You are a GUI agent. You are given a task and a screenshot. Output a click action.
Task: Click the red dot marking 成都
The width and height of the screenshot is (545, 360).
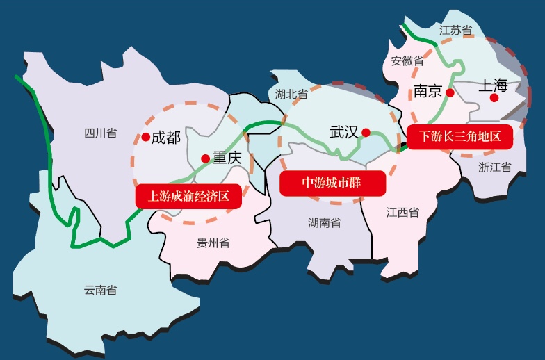pyautogui.click(x=146, y=138)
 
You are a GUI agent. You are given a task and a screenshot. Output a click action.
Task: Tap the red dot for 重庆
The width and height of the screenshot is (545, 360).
pyautogui.click(x=205, y=158)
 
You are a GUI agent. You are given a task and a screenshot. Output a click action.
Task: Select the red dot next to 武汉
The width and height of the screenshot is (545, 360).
pyautogui.click(x=366, y=132)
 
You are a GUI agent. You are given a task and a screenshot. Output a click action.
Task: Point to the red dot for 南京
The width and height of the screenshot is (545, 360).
pyautogui.click(x=450, y=92)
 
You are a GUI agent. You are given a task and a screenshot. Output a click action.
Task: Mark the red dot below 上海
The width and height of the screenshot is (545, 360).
pyautogui.click(x=494, y=98)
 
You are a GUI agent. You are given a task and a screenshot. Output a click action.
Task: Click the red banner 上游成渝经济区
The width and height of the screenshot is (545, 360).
pyautogui.click(x=188, y=195)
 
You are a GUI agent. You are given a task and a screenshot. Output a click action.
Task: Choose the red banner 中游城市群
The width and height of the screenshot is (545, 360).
pyautogui.click(x=333, y=183)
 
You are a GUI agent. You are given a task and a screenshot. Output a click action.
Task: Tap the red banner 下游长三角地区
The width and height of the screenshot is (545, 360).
pyautogui.click(x=460, y=136)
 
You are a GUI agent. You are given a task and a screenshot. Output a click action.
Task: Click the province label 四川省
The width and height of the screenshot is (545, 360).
pyautogui.click(x=100, y=133)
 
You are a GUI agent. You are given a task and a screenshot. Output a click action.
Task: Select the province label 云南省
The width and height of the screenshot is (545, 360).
pyautogui.click(x=100, y=290)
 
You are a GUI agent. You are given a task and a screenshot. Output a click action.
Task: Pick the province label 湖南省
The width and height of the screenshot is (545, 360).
pyautogui.click(x=325, y=222)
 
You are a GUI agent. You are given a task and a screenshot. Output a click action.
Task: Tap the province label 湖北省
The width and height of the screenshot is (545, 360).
pyautogui.click(x=291, y=93)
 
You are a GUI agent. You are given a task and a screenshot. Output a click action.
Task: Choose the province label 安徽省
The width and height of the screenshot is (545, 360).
pyautogui.click(x=407, y=60)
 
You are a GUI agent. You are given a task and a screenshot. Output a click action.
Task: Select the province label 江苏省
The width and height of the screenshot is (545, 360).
pyautogui.click(x=456, y=31)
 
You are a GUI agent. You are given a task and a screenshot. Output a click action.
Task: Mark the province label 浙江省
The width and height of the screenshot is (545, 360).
pyautogui.click(x=495, y=167)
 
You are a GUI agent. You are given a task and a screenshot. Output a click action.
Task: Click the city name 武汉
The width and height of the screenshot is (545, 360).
pyautogui.click(x=343, y=131)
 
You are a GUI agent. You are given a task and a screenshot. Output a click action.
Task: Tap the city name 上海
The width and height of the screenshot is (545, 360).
pyautogui.click(x=494, y=85)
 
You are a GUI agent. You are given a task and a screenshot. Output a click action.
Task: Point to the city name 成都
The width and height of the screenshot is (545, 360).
pyautogui.click(x=166, y=138)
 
